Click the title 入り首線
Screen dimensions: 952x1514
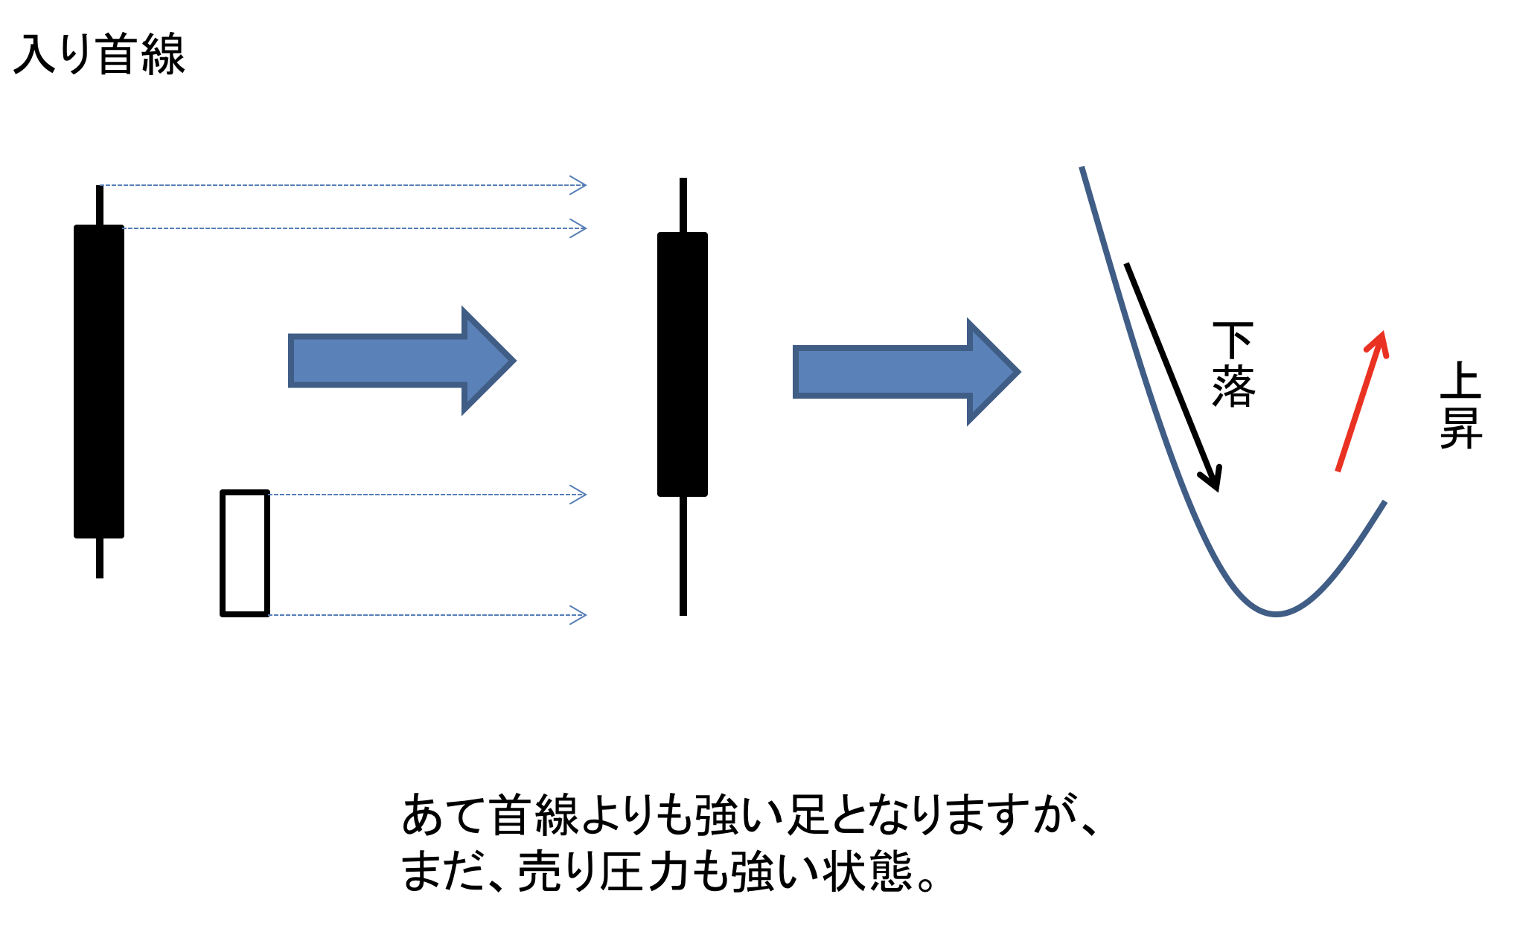(x=99, y=54)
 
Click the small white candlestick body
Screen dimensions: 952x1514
(x=245, y=553)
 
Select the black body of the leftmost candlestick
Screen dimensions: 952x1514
(x=99, y=381)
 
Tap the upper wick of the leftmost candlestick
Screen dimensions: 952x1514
(x=100, y=205)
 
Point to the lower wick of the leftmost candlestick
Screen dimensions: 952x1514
(x=100, y=558)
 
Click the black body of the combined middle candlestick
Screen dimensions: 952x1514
(x=683, y=364)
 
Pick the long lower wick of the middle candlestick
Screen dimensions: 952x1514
(x=683, y=556)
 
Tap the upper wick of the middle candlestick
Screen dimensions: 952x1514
(x=683, y=205)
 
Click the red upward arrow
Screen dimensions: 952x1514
(x=1361, y=402)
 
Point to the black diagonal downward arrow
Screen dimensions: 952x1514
(x=1172, y=376)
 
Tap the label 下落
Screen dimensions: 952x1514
(x=1233, y=364)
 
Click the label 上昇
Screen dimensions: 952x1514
(x=1460, y=405)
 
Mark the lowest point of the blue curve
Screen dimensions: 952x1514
(x=1276, y=614)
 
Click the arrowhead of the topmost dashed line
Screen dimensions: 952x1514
(x=579, y=185)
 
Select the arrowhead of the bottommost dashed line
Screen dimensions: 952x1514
(x=579, y=615)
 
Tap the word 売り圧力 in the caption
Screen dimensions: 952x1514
(x=603, y=872)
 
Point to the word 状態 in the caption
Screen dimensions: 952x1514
(x=868, y=872)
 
